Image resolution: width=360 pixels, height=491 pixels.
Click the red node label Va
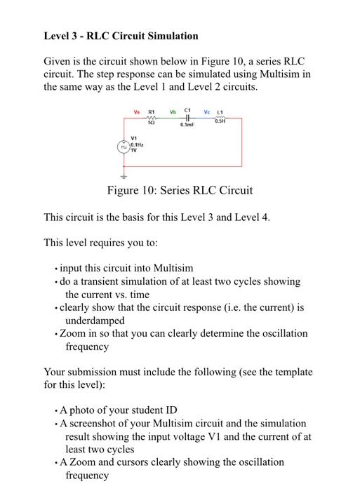pyautogui.click(x=137, y=111)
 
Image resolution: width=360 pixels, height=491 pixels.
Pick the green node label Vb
pyautogui.click(x=172, y=111)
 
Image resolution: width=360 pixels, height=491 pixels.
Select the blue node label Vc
pyautogui.click(x=207, y=111)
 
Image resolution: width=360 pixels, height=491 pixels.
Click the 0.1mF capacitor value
pyautogui.click(x=186, y=125)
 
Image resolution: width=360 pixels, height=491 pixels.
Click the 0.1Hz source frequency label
pyautogui.click(x=136, y=144)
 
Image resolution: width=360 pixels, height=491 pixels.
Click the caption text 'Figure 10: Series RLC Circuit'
pyautogui.click(x=180, y=190)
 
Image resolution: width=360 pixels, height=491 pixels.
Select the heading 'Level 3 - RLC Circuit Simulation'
pyautogui.click(x=121, y=36)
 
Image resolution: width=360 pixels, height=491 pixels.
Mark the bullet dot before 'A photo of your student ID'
pyautogui.click(x=56, y=410)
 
